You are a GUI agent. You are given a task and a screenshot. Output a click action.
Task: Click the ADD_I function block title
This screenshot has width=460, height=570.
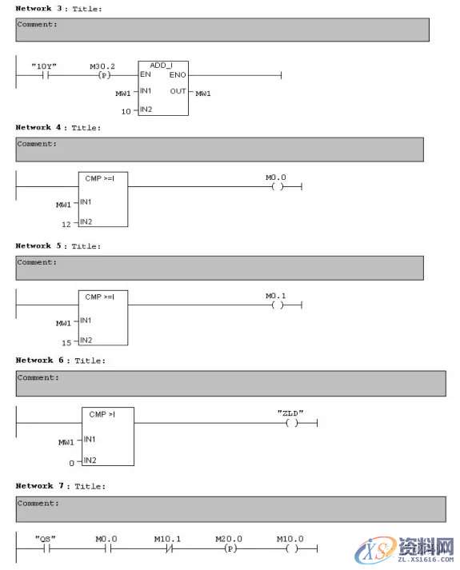pyautogui.click(x=163, y=65)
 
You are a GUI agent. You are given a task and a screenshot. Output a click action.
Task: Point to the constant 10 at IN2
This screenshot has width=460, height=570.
pyautogui.click(x=126, y=110)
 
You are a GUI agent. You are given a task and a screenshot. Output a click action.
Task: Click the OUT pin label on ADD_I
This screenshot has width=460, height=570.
pyautogui.click(x=178, y=91)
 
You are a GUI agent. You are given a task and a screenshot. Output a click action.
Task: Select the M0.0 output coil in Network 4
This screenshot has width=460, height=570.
pyautogui.click(x=277, y=187)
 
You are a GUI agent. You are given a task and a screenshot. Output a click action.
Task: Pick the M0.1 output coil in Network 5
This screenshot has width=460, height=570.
pyautogui.click(x=277, y=305)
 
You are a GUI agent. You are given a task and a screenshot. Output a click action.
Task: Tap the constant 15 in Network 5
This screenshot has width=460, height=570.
pyautogui.click(x=66, y=342)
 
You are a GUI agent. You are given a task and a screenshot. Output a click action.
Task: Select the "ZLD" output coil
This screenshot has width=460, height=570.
pyautogui.click(x=291, y=423)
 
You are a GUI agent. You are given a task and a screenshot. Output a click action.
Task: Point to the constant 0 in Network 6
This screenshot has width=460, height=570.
pyautogui.click(x=71, y=462)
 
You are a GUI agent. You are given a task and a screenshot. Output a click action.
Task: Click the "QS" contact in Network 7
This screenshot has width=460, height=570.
pyautogui.click(x=46, y=549)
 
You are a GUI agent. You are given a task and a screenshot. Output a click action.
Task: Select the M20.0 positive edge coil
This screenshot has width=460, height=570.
pyautogui.click(x=229, y=549)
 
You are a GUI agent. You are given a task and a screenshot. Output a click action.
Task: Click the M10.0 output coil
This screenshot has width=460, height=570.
pyautogui.click(x=290, y=549)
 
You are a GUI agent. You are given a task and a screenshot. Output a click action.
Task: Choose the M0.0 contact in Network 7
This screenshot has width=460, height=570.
pyautogui.click(x=107, y=549)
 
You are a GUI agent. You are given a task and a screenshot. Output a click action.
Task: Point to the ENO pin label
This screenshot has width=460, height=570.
pyautogui.click(x=178, y=74)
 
